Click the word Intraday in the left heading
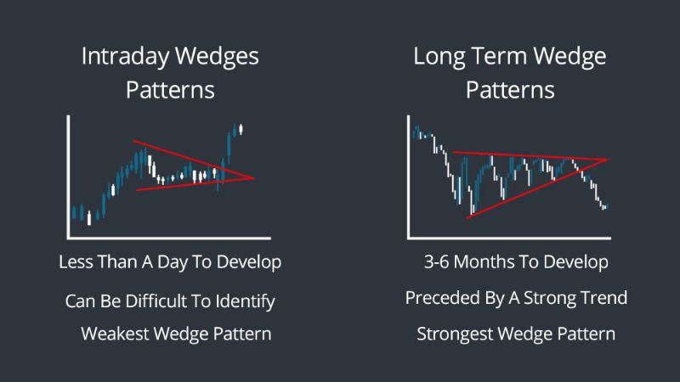pos(125,57)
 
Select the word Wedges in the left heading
pos(217,58)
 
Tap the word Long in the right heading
pos(439,58)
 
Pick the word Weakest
pos(115,334)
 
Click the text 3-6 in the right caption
pos(436,262)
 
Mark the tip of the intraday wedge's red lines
pos(255,177)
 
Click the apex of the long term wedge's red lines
pos(609,160)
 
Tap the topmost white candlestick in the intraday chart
pos(241,129)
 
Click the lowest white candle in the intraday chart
pos(89,218)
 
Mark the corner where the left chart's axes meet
pos(69,238)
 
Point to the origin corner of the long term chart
pos(409,238)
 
